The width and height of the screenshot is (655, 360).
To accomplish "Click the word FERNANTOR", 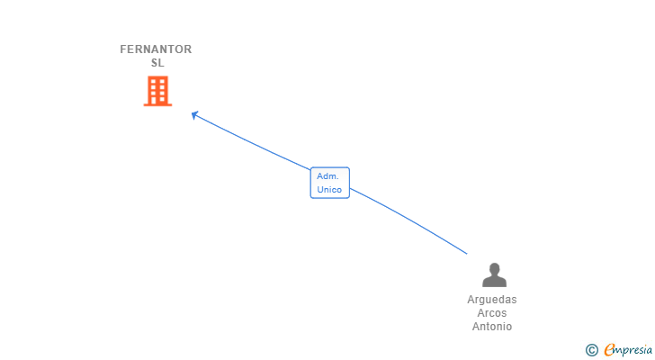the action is (x=156, y=49).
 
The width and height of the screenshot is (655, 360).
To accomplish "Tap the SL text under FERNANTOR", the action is (x=157, y=63).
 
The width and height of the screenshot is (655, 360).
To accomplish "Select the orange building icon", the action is (x=157, y=91).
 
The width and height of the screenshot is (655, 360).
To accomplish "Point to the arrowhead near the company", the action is (x=194, y=114).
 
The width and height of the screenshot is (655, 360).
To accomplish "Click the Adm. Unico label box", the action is (x=329, y=183).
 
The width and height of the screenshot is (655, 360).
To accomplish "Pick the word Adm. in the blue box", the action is (x=327, y=176).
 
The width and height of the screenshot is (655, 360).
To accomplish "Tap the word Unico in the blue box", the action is (x=329, y=190).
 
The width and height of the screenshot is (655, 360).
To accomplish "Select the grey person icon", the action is (x=494, y=275).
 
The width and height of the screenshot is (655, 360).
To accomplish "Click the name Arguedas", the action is (x=492, y=300).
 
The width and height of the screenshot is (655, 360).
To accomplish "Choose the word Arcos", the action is (x=492, y=313).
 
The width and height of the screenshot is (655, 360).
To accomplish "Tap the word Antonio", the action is (x=492, y=327).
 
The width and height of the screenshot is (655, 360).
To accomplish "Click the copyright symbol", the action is (x=591, y=350).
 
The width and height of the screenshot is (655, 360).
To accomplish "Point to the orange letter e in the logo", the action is (x=610, y=350).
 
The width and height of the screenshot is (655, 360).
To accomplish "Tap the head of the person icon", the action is (x=494, y=269).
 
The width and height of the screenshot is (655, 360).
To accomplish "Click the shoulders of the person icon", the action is (x=494, y=282).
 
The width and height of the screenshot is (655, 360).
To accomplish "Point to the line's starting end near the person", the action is (x=466, y=253).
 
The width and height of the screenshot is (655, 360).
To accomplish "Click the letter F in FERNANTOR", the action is (x=124, y=49).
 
